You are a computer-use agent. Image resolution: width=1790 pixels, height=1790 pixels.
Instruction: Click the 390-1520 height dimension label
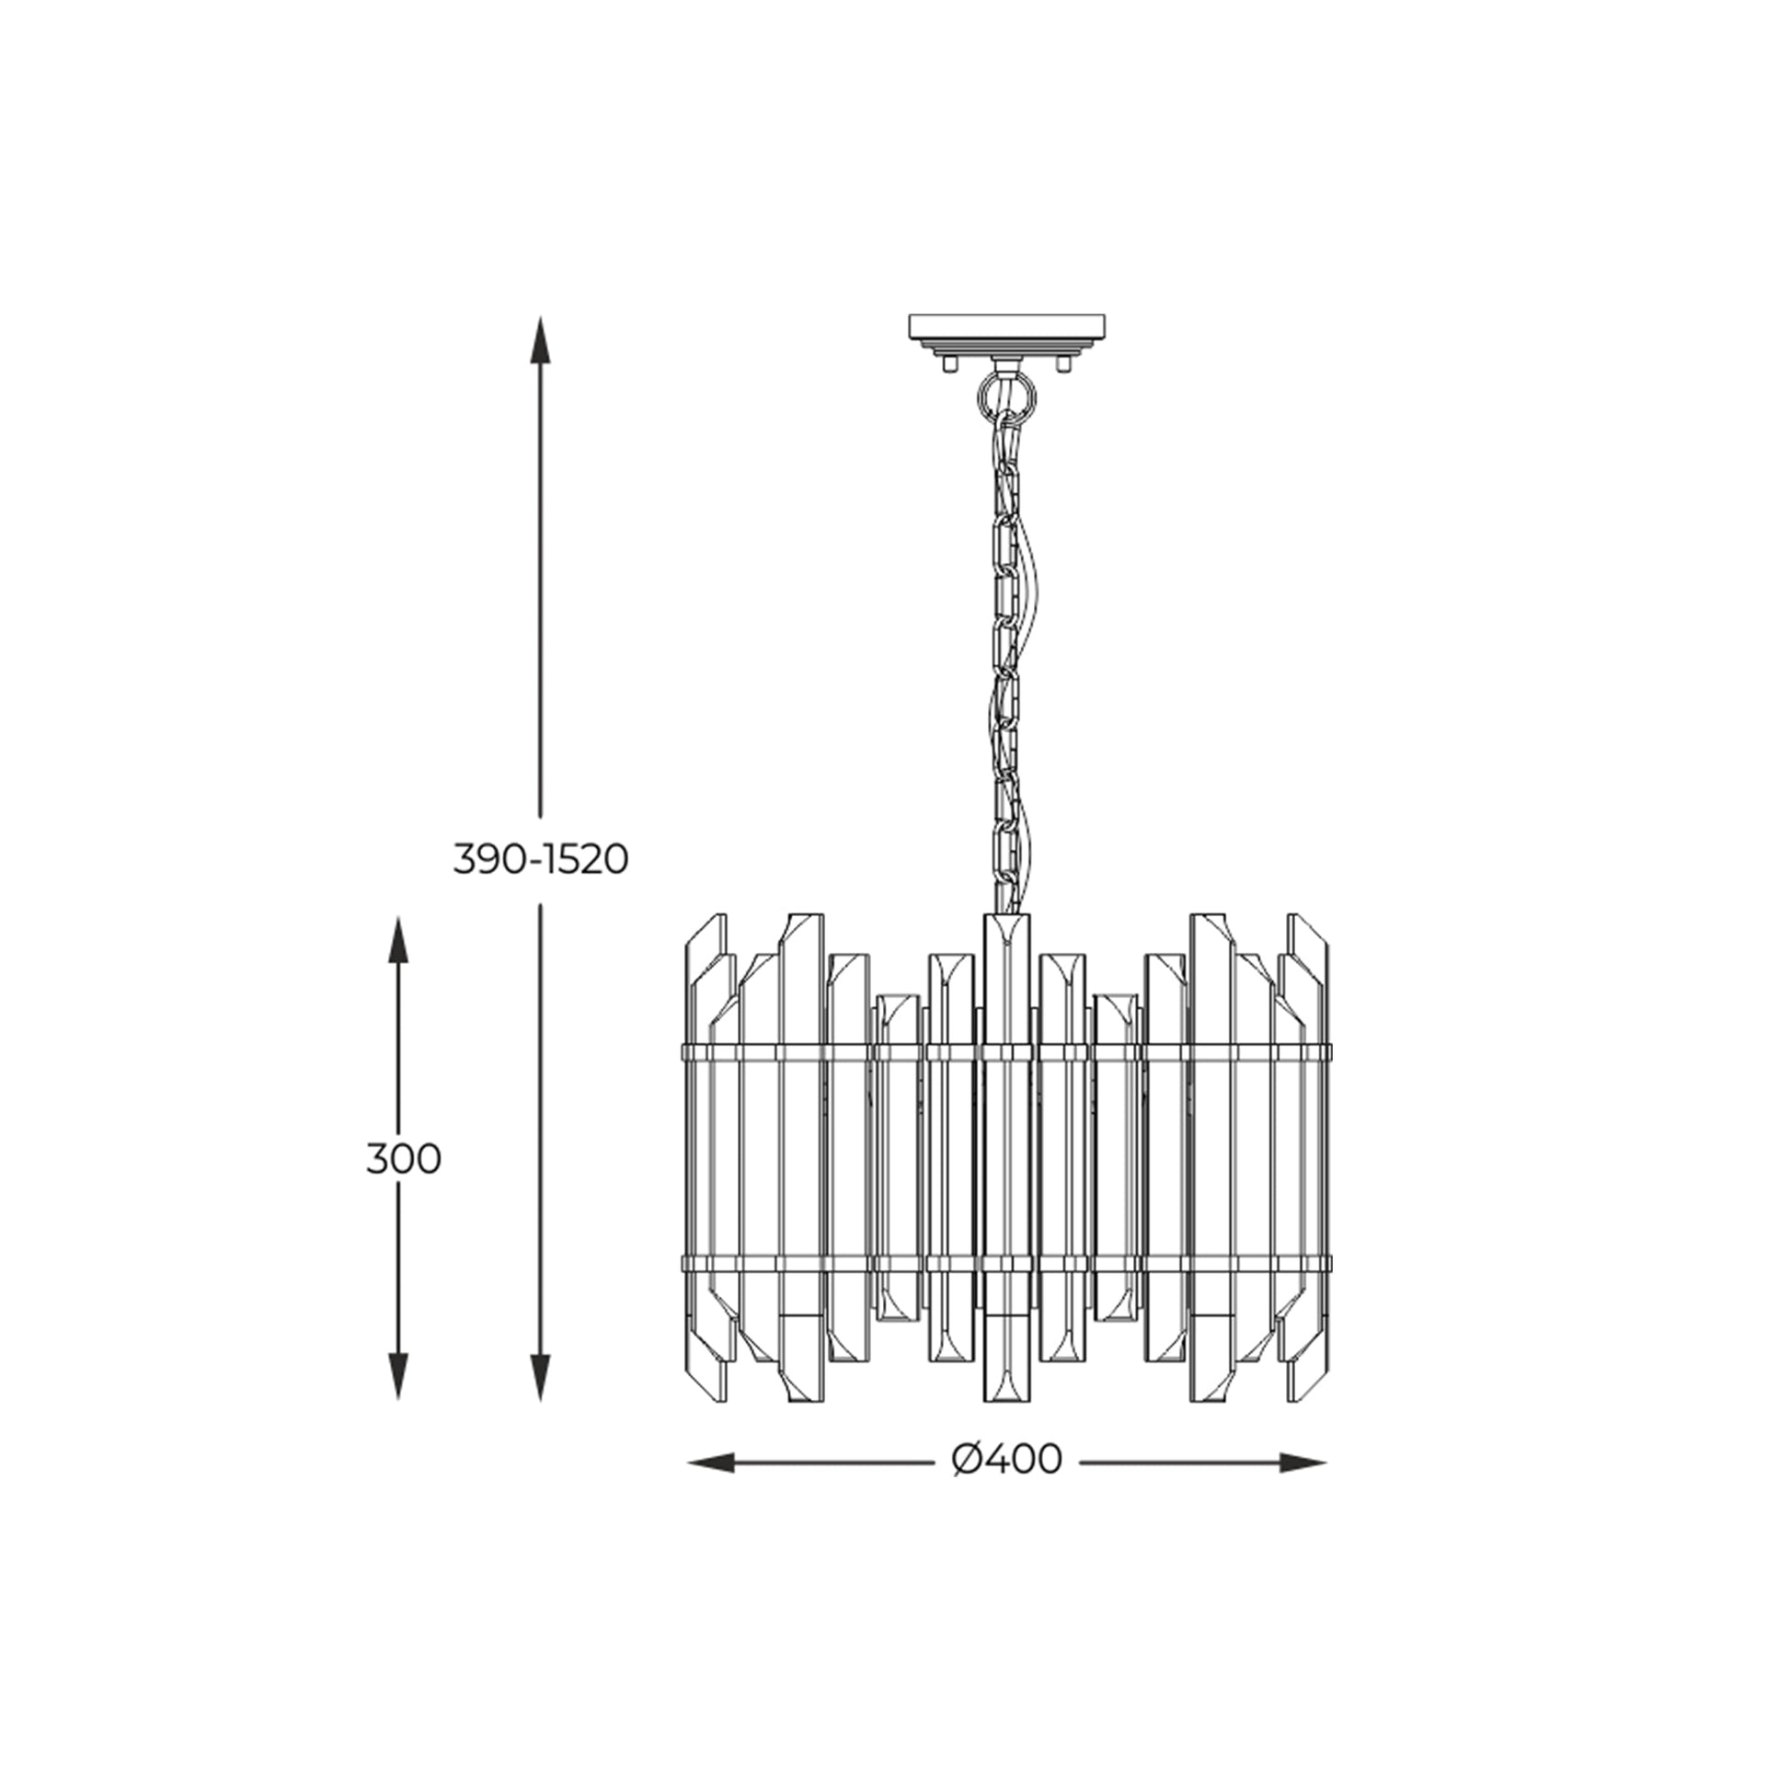pos(541,860)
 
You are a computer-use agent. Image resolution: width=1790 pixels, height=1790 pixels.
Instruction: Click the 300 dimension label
pos(403,1159)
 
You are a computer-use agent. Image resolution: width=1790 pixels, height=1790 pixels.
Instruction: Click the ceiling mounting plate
pos(1006,328)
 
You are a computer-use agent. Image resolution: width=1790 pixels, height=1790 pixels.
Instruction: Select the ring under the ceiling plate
pos(1006,396)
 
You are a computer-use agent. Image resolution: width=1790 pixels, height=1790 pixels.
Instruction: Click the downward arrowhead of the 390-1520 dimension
pos(540,1400)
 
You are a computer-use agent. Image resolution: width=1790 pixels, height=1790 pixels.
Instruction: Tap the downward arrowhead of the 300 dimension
pos(397,1400)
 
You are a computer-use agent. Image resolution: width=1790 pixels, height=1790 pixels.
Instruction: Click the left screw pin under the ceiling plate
pos(948,364)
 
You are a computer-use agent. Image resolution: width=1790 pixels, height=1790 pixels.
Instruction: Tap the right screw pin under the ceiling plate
pos(1063,364)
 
